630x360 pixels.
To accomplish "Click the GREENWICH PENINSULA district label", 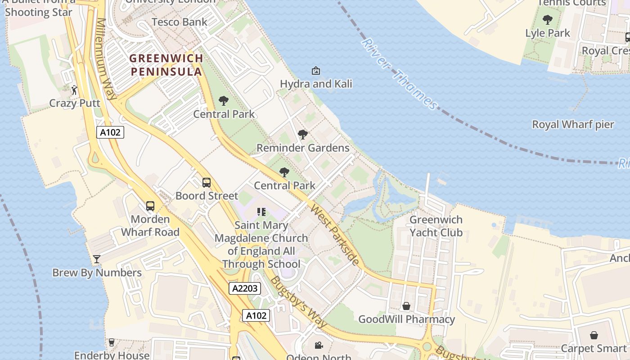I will click(166, 65).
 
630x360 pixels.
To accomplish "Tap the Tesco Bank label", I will click(180, 22).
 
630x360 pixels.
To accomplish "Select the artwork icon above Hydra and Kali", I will click(316, 71).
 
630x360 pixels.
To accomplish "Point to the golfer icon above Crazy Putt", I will click(74, 90).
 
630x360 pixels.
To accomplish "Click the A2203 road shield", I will click(245, 288).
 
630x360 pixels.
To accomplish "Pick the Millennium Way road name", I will click(107, 58).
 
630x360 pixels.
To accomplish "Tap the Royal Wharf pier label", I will click(573, 124).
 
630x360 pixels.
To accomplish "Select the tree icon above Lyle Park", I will click(548, 20).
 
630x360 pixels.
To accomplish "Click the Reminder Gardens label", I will click(303, 148).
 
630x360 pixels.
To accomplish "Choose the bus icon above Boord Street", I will click(207, 183).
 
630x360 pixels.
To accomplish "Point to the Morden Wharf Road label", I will click(150, 226).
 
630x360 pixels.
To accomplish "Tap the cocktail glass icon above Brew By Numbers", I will click(96, 259).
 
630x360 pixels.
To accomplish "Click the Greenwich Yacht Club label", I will click(436, 226).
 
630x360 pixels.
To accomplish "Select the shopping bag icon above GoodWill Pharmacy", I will click(406, 306).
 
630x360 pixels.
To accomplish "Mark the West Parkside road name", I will click(335, 235).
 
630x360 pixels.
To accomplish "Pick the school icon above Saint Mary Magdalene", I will click(261, 211).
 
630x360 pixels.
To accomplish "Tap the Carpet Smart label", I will click(594, 348).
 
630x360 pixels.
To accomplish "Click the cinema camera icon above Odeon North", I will click(319, 346).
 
